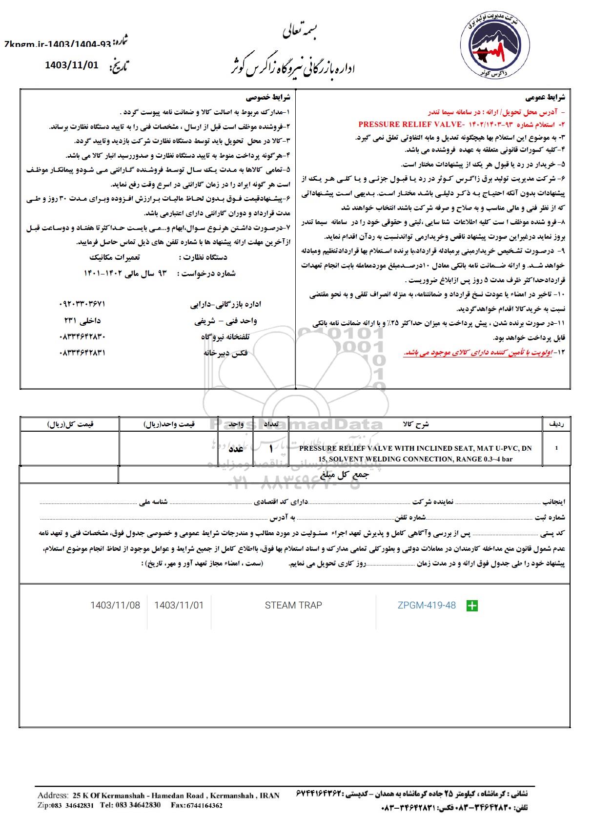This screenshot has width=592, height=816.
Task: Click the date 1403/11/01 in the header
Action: (72, 64)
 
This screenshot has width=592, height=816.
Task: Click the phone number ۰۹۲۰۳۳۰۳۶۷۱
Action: (82, 304)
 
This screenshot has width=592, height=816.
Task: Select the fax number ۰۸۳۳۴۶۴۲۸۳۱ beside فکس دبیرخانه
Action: (82, 353)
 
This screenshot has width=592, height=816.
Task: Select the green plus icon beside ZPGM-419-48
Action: (472, 606)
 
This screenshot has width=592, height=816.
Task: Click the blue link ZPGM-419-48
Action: (427, 606)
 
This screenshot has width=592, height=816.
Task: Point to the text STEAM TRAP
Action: (293, 606)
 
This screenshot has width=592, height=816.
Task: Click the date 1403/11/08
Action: (115, 606)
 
